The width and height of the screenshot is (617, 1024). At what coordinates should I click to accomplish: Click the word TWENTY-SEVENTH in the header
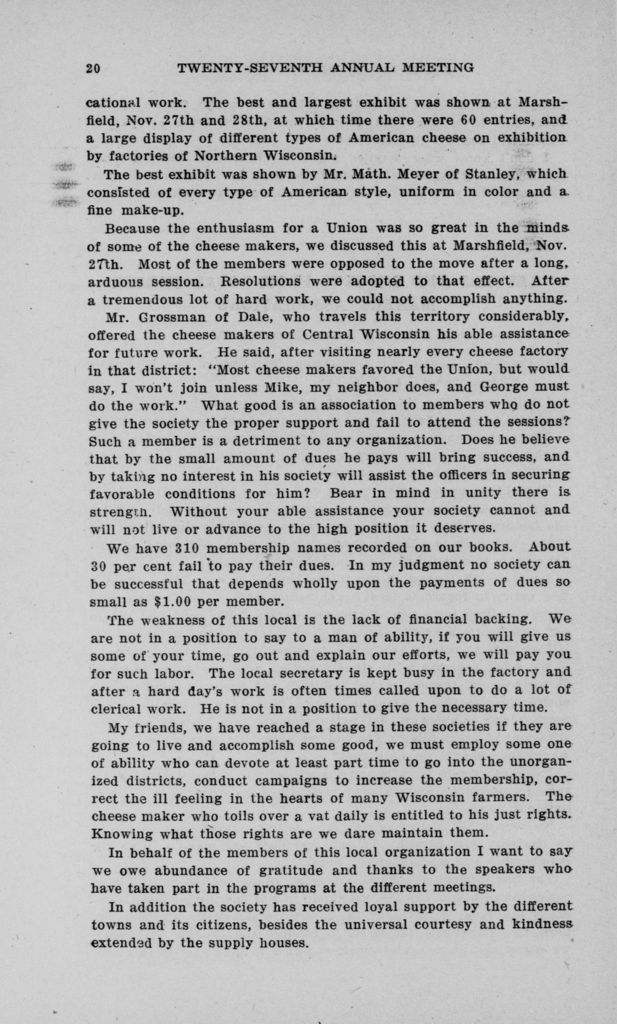click(250, 67)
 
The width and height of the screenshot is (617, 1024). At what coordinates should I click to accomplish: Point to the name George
click(505, 387)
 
